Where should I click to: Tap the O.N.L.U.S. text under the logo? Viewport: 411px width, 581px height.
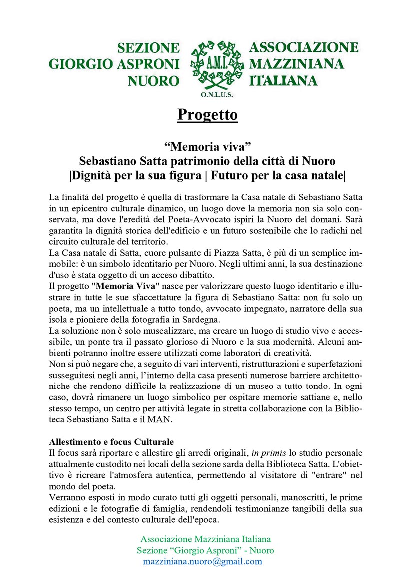[x=214, y=94]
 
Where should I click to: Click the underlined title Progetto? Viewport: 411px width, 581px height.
[x=207, y=115]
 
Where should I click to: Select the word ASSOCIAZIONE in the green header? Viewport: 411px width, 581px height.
[x=304, y=48]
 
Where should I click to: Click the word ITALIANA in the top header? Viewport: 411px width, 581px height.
[x=284, y=81]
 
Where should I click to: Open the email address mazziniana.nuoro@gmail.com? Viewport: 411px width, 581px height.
[x=202, y=561]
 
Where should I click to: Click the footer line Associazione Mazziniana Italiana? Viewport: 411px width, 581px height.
[x=205, y=539]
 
